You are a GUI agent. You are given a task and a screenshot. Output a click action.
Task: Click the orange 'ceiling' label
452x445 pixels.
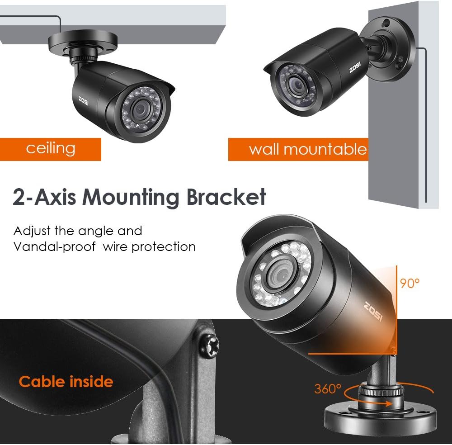(51, 149)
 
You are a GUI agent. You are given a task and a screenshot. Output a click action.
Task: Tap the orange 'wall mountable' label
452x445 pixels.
(298, 149)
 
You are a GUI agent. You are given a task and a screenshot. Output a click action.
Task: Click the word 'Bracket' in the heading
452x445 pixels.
(226, 197)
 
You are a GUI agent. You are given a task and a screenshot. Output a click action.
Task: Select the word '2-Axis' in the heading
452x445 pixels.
(45, 197)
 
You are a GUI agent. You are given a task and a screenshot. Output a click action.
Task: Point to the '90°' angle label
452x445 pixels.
(410, 284)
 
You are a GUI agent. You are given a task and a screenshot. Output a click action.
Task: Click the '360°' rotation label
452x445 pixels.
(328, 389)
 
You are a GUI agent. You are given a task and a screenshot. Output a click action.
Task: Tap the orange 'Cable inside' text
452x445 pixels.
(66, 382)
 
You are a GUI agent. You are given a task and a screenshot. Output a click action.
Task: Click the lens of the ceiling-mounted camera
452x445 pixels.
(141, 109)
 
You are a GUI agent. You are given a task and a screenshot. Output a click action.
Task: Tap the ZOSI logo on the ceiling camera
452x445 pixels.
(84, 101)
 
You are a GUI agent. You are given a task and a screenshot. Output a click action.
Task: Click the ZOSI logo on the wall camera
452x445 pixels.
(355, 67)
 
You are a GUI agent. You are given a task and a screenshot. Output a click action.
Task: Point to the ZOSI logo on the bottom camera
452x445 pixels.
(374, 312)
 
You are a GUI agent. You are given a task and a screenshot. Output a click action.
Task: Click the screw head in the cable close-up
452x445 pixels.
(209, 346)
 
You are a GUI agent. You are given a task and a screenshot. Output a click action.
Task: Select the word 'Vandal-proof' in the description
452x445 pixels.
(55, 247)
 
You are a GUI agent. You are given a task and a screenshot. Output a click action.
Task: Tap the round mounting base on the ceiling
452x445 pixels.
(83, 43)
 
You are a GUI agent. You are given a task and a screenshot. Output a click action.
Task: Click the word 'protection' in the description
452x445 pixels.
(164, 247)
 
